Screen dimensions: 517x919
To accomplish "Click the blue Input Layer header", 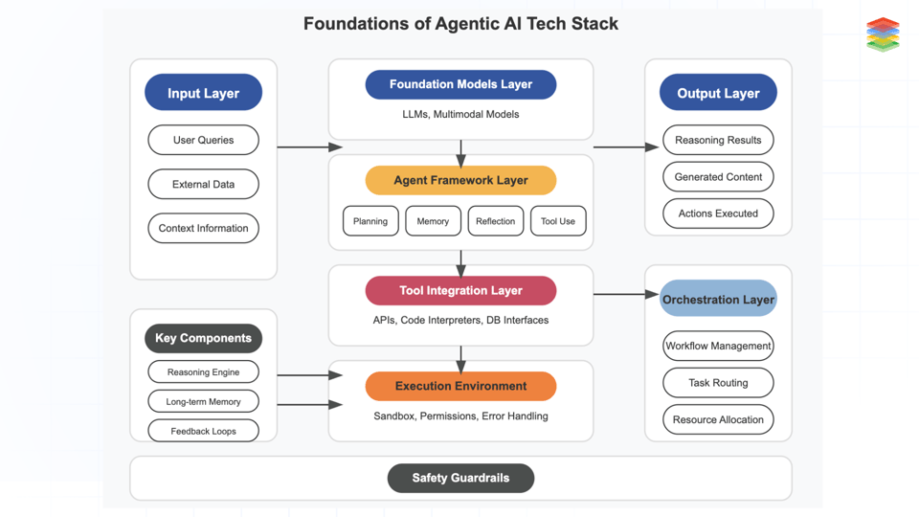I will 203,93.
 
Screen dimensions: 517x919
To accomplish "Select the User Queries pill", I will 203,140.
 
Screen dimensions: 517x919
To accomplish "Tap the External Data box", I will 203,184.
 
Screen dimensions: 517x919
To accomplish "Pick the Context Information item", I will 203,228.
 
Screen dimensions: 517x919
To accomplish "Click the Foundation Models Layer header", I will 460,84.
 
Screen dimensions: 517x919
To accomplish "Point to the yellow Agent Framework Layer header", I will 460,180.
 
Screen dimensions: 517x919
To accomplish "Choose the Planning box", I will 370,221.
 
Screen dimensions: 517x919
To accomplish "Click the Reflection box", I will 495,221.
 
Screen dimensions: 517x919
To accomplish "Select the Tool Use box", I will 557,221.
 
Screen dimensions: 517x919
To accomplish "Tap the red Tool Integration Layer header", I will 460,290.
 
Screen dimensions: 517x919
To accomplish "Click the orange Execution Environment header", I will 460,386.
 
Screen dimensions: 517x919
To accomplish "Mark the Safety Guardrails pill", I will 460,478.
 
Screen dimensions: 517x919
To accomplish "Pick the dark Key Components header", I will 203,338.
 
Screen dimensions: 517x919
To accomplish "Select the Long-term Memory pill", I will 203,401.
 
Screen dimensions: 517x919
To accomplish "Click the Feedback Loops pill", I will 203,431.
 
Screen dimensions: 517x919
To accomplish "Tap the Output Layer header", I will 718,93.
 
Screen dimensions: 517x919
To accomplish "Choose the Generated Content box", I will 718,177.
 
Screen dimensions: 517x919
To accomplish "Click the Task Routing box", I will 718,383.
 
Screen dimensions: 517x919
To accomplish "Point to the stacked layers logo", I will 883,34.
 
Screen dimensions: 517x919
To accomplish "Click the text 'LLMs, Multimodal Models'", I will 460,114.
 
